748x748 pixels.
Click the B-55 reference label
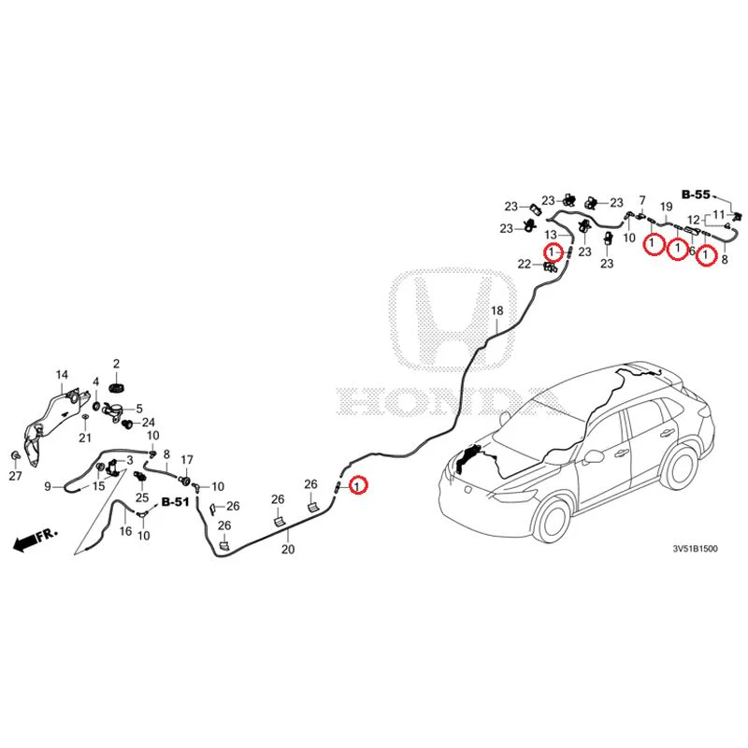coord(696,194)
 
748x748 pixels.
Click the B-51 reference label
coord(176,502)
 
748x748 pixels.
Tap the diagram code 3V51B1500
coord(695,549)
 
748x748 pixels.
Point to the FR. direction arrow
coord(36,539)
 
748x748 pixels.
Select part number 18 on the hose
coord(497,311)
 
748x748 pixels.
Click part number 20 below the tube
coord(288,550)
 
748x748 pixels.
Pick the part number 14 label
coord(62,375)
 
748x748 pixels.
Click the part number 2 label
coord(116,364)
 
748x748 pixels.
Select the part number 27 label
coord(16,476)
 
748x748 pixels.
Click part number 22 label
coord(525,264)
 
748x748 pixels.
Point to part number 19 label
coord(667,207)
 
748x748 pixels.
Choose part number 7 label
coord(642,200)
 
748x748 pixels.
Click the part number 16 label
coord(125,531)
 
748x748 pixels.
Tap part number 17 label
coord(187,460)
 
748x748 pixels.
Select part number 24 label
coord(149,423)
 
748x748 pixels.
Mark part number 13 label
coord(551,235)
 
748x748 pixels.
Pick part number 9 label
coord(48,486)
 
